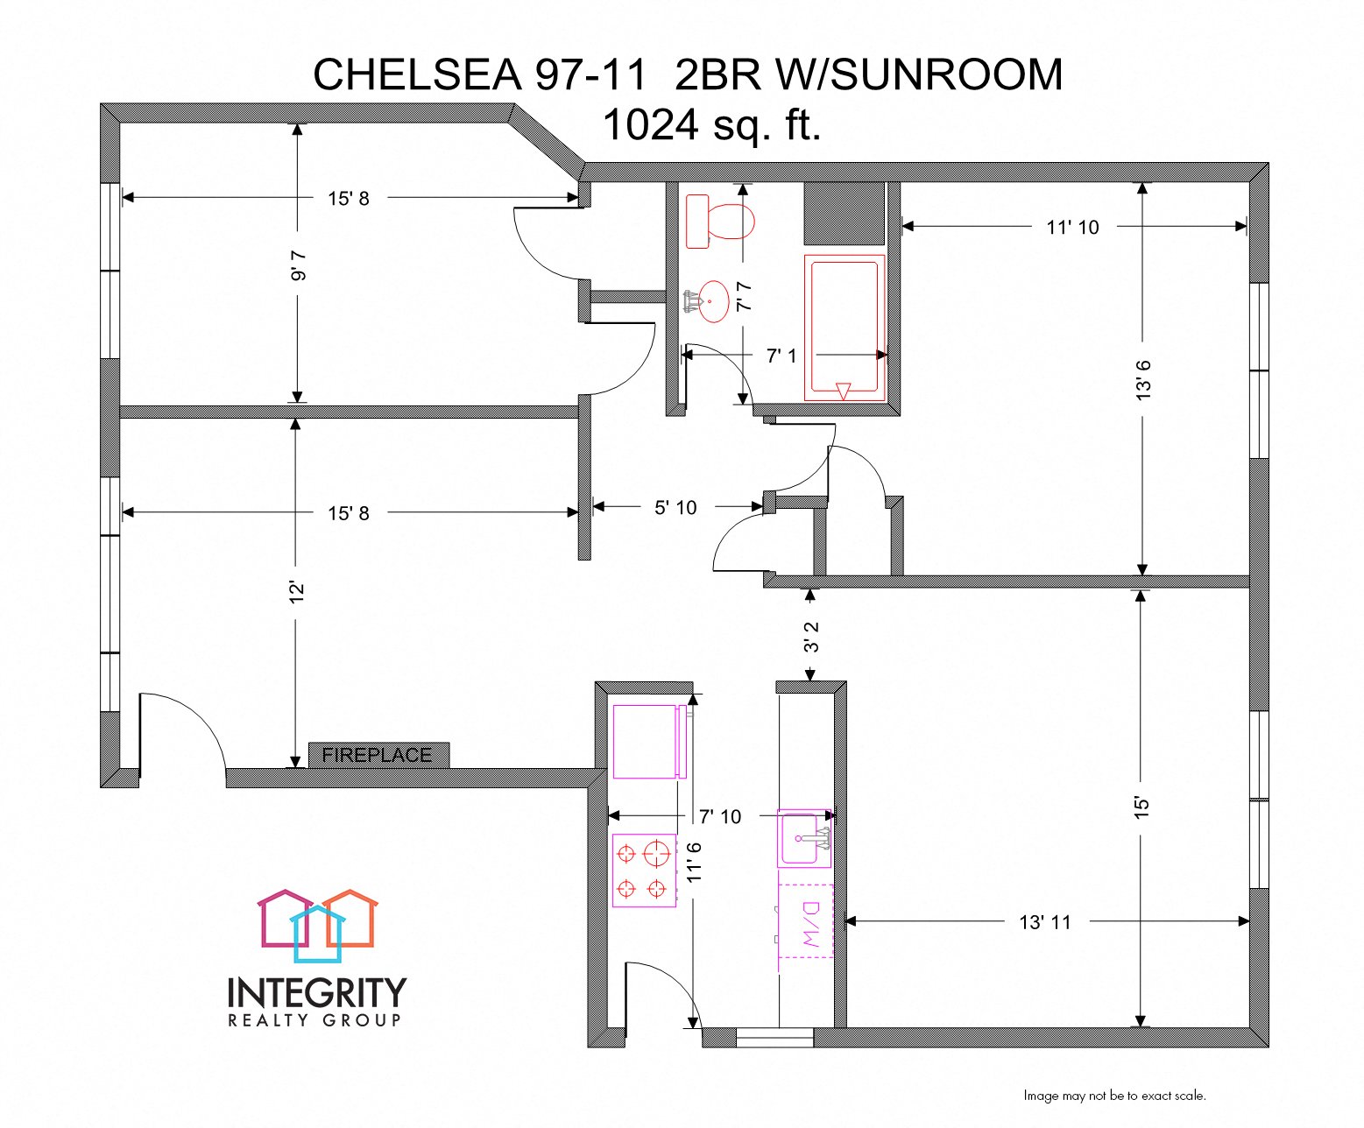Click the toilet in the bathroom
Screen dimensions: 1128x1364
coord(720,221)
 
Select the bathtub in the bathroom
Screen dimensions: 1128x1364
coord(845,328)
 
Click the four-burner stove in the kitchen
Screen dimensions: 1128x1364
coord(644,871)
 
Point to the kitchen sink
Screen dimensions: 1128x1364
coord(804,838)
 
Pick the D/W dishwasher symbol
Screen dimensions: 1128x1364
coord(807,927)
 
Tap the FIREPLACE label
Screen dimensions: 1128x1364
coord(378,755)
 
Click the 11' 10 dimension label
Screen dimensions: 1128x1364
coord(1072,228)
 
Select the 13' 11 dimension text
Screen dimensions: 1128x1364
coord(1045,922)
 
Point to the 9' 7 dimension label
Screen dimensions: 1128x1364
coord(299,264)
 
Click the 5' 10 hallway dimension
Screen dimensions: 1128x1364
coord(675,508)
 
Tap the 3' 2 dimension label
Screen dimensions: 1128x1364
coord(811,637)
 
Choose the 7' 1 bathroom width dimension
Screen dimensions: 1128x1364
coord(781,356)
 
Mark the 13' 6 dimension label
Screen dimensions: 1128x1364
coord(1142,379)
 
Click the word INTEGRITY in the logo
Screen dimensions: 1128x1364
coord(317,993)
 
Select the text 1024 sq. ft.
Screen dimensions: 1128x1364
coord(711,124)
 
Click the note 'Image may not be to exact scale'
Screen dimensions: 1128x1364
coord(1114,1096)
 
